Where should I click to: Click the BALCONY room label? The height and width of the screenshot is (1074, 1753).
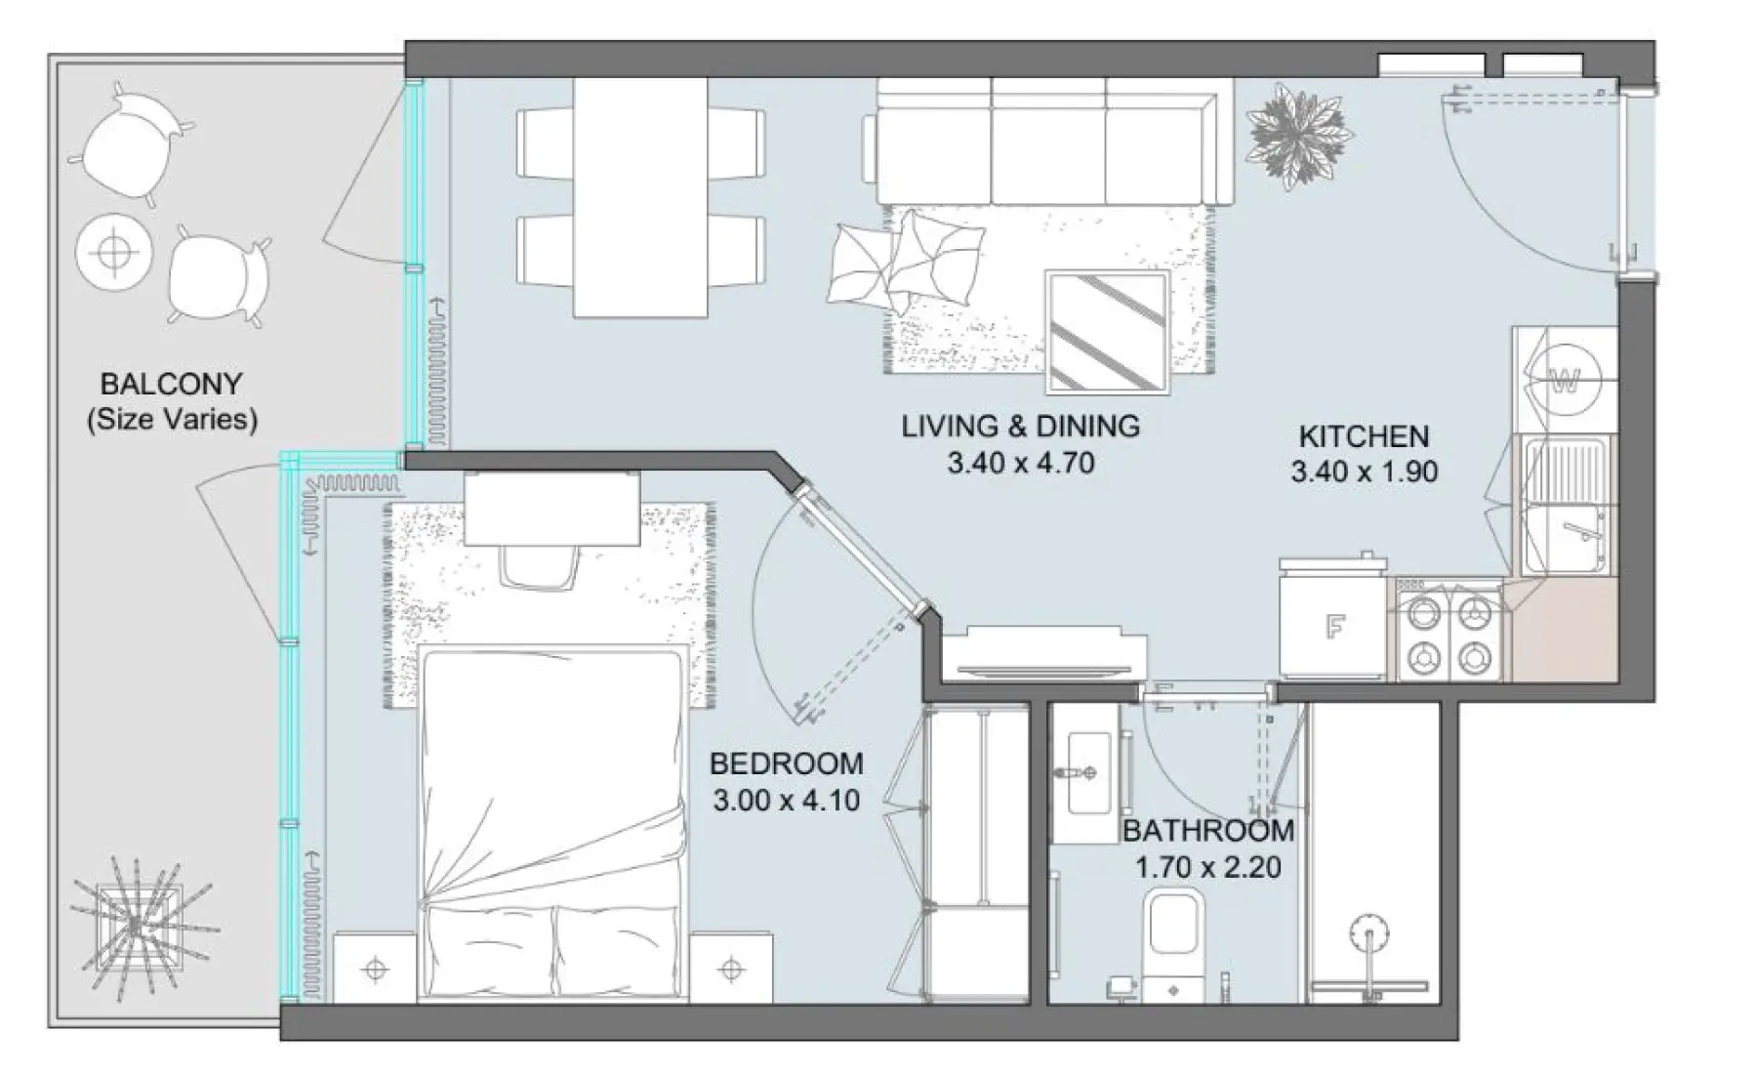pyautogui.click(x=171, y=384)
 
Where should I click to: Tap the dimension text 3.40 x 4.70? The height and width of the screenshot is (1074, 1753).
pyautogui.click(x=1020, y=463)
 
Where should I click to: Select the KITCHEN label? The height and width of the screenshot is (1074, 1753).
pyautogui.click(x=1363, y=436)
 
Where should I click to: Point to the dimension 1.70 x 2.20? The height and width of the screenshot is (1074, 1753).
pyautogui.click(x=1207, y=867)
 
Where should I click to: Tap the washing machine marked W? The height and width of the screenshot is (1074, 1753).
pyautogui.click(x=1565, y=381)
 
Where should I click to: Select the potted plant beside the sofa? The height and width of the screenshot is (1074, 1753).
pyautogui.click(x=1299, y=137)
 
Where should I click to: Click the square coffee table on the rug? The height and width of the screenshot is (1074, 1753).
pyautogui.click(x=1107, y=333)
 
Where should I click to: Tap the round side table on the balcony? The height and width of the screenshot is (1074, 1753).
pyautogui.click(x=114, y=252)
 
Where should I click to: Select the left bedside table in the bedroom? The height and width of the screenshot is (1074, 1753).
pyautogui.click(x=376, y=969)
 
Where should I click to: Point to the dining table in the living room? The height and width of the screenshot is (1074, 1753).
pyautogui.click(x=639, y=197)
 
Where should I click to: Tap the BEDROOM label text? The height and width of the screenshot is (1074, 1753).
pyautogui.click(x=786, y=764)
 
